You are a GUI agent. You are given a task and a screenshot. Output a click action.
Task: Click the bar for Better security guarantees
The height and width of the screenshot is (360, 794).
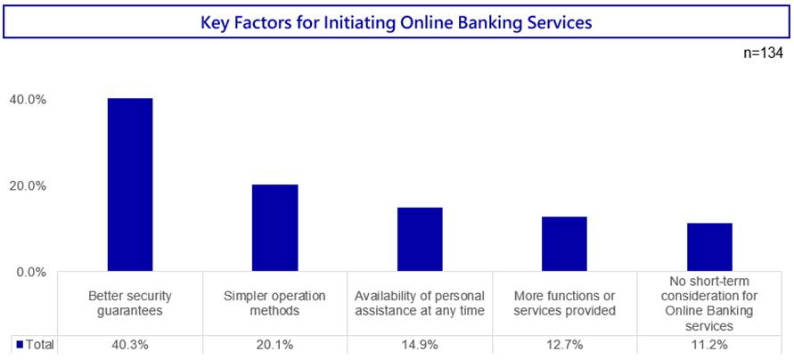pos(130,184)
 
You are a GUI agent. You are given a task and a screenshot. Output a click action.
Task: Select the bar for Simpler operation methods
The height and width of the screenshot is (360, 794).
pos(275,228)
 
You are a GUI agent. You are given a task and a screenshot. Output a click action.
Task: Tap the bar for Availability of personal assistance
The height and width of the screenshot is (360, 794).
pos(420,240)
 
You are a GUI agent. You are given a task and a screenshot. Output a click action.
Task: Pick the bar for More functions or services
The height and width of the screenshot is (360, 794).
pos(565,244)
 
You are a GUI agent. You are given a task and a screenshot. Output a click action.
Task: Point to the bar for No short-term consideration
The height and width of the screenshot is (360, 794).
pos(709,247)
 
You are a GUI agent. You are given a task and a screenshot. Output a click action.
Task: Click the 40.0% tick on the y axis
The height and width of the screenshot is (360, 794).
pos(29,100)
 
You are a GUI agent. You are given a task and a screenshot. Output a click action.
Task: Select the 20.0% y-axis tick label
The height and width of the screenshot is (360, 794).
pos(29,186)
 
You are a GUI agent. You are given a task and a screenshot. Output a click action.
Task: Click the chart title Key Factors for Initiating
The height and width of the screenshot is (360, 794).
pos(397,23)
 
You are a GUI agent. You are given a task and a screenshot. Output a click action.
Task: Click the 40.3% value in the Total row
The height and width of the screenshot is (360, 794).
pos(130,346)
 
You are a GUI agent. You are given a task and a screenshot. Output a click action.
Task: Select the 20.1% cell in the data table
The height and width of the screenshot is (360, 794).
pos(275,346)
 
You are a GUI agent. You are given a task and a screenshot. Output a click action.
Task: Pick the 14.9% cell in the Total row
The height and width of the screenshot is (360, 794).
pos(420,346)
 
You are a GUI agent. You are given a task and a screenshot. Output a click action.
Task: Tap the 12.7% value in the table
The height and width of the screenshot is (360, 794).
pos(565,346)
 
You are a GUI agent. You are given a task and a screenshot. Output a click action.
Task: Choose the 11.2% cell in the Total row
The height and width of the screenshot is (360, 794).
pos(709,346)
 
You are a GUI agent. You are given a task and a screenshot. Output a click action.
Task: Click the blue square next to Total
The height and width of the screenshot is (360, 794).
pos(20,345)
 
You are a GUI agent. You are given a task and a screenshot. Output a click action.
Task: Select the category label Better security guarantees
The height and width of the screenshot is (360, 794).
pos(130,303)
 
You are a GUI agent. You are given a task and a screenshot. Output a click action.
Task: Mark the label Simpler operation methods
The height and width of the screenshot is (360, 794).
pos(275,303)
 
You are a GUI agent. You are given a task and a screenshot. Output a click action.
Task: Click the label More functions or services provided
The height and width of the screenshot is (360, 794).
pos(565,303)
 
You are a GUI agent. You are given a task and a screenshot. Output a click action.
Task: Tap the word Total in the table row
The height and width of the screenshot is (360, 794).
pos(39,345)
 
